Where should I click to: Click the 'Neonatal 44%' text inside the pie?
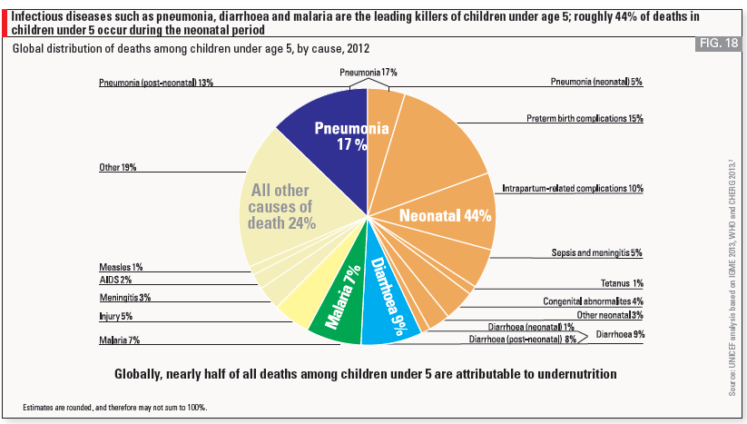click(446, 216)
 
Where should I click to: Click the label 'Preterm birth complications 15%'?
click(585, 118)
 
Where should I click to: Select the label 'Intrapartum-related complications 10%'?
click(573, 189)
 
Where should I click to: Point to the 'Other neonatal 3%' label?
click(609, 314)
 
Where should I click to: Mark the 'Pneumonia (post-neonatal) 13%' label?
click(156, 83)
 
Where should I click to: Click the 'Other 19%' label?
click(118, 168)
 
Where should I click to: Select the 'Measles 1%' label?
click(121, 267)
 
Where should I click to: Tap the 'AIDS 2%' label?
click(115, 281)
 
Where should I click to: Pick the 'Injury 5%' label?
click(115, 317)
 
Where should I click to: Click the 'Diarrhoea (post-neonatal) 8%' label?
click(522, 340)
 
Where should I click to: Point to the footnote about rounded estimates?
click(115, 408)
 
